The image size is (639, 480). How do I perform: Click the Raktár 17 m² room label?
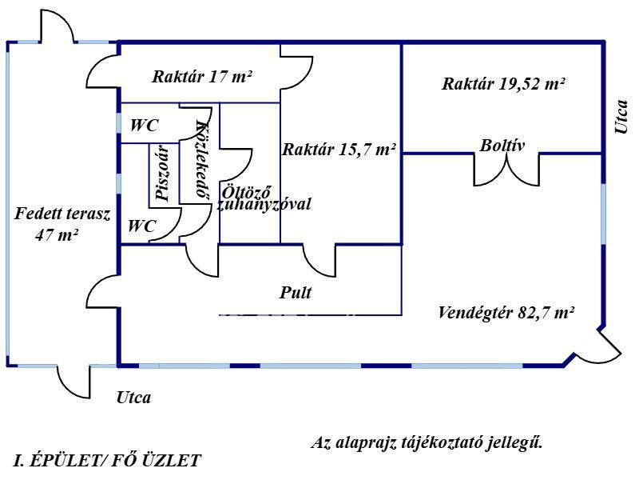[x=202, y=78]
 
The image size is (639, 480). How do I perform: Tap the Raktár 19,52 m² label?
[x=504, y=83]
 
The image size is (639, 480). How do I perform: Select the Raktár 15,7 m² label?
[x=339, y=149]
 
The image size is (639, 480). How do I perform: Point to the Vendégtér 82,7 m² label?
[x=506, y=312]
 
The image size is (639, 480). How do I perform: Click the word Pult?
[x=296, y=293]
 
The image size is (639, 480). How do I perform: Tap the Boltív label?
[x=502, y=146]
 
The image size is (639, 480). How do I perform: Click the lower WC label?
[x=142, y=226]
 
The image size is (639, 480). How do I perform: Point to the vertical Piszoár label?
[x=162, y=173]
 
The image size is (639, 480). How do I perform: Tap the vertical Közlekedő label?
[x=201, y=162]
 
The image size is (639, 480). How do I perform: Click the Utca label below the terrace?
[x=133, y=397]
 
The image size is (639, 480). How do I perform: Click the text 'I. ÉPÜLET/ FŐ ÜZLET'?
[x=108, y=460]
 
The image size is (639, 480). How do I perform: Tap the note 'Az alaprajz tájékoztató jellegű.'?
[x=426, y=442]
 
